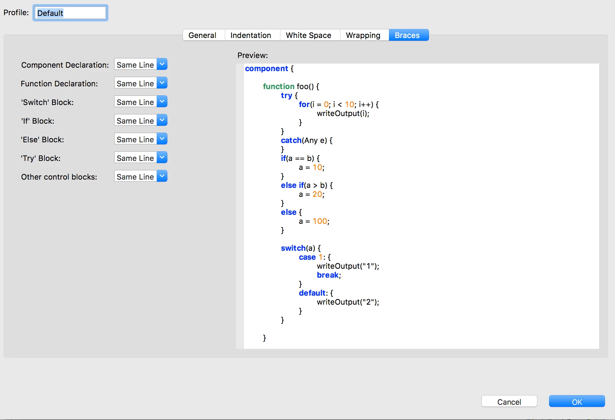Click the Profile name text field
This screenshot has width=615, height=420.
pyautogui.click(x=70, y=13)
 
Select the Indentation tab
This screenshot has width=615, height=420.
pyautogui.click(x=251, y=35)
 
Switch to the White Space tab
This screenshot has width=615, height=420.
pyautogui.click(x=309, y=35)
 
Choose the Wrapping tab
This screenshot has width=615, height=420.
pyautogui.click(x=363, y=35)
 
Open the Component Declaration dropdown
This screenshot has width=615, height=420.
pyautogui.click(x=141, y=65)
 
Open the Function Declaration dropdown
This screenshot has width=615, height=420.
pyautogui.click(x=141, y=83)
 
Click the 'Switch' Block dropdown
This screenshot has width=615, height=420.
pyautogui.click(x=141, y=102)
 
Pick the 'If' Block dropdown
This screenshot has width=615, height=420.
pyautogui.click(x=141, y=121)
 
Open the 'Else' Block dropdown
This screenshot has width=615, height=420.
pyautogui.click(x=141, y=139)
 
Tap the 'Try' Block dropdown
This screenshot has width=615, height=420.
pyautogui.click(x=141, y=158)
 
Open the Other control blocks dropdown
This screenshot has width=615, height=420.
pyautogui.click(x=141, y=176)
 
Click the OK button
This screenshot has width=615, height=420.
pyautogui.click(x=577, y=401)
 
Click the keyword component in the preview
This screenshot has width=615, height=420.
pyautogui.click(x=266, y=69)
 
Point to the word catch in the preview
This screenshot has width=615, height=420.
pyautogui.click(x=291, y=140)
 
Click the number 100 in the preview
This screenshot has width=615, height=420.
pyautogui.click(x=320, y=221)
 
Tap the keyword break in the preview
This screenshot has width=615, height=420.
pyautogui.click(x=328, y=275)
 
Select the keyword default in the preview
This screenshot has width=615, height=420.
pyautogui.click(x=312, y=293)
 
